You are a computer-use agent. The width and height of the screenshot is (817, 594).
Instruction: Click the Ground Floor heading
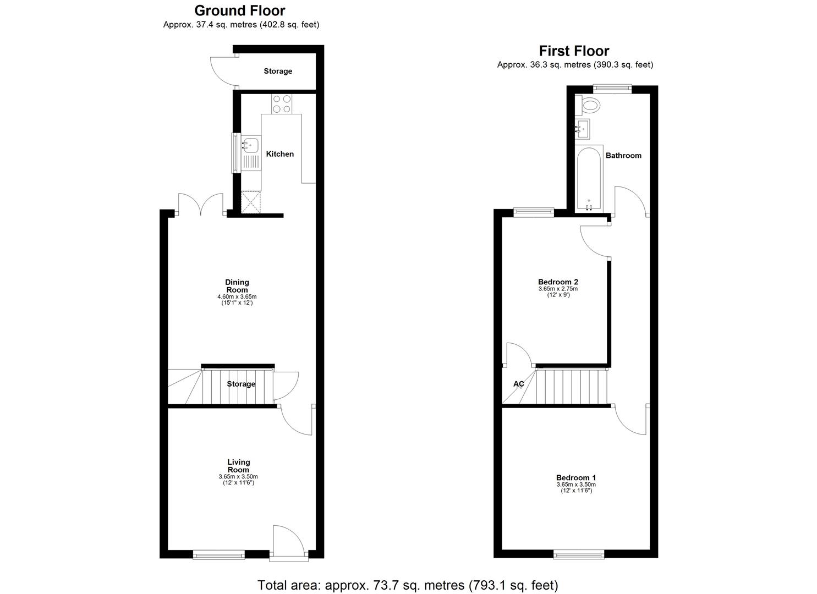pos(240,10)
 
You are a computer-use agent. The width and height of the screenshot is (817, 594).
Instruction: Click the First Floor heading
pos(574,51)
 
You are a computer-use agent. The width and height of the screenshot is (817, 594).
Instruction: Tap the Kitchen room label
pos(279,154)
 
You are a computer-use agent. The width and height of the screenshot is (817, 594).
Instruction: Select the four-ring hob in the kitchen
pos(282,104)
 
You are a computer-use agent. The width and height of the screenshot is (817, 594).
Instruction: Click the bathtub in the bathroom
pos(589,179)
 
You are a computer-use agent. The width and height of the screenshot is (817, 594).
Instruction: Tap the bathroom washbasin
pos(583,129)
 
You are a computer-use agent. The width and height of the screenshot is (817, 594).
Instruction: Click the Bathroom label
pos(623,156)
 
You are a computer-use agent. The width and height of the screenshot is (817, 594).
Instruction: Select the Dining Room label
pos(237,286)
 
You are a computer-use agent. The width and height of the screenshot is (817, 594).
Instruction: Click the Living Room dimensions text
pos(238,480)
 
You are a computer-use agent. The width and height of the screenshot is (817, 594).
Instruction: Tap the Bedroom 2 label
pos(558,282)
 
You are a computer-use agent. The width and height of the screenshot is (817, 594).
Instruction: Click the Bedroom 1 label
pos(575,477)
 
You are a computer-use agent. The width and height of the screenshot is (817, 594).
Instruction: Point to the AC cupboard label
pos(518,384)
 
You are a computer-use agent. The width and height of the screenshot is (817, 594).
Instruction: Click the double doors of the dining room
pos(201,204)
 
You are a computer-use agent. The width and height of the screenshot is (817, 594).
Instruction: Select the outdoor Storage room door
pos(222,71)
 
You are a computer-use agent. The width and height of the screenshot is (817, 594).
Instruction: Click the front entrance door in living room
pos(288,542)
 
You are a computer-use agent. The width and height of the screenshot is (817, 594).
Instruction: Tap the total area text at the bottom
pos(408,585)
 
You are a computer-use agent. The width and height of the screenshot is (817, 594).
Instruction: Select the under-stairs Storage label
pos(241,384)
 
